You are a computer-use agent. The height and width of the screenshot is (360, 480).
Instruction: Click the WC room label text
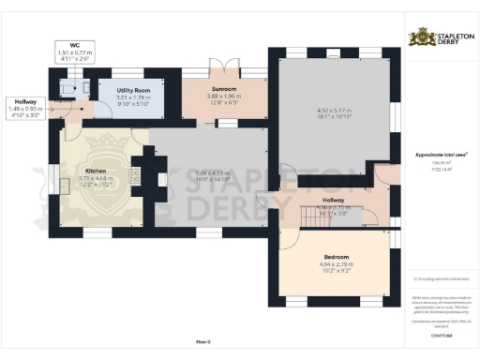point(73,44)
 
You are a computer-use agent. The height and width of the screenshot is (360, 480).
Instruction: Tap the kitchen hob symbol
point(135,176)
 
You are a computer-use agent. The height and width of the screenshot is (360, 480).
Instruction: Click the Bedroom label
point(337,257)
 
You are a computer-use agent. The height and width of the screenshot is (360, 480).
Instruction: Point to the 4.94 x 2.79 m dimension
point(337,265)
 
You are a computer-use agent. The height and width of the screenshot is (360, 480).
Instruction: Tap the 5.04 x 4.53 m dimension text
point(211,172)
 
